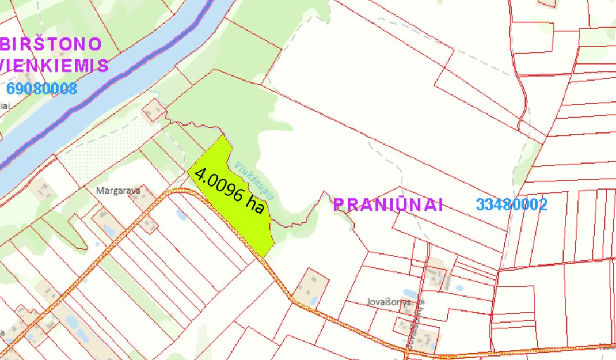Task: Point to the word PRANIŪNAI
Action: coord(389,204)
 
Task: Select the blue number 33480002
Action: coord(512,204)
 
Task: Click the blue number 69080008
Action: coord(42,89)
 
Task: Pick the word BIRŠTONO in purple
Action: coord(52,44)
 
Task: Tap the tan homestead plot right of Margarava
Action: coord(142,198)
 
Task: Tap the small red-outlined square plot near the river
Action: coord(154,111)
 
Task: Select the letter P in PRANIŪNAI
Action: coord(339,204)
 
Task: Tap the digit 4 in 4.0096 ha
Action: coord(200,175)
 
